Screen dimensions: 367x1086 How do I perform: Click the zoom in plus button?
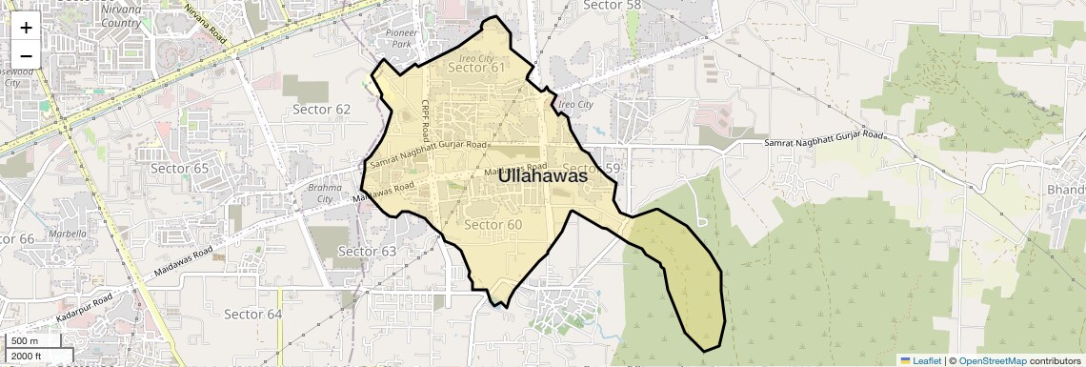[x=26, y=28]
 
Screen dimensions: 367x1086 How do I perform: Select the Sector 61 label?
[x=476, y=68]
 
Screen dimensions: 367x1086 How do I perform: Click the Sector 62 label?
[x=322, y=109]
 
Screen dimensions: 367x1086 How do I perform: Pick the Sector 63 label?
[x=367, y=251]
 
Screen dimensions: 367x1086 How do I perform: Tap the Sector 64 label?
[x=253, y=314]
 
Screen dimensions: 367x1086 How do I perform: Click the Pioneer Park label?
[x=401, y=38]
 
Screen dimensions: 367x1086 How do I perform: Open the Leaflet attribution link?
[x=919, y=360]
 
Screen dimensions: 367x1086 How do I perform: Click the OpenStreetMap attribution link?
[x=992, y=360]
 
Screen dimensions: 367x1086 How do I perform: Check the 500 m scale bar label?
[x=24, y=341]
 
